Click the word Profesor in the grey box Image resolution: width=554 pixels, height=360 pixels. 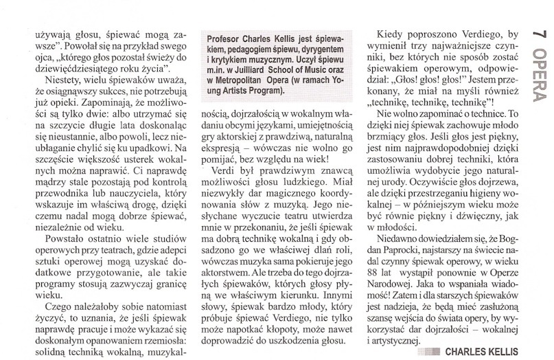click(x=227, y=38)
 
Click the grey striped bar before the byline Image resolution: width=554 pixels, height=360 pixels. click(x=437, y=349)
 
